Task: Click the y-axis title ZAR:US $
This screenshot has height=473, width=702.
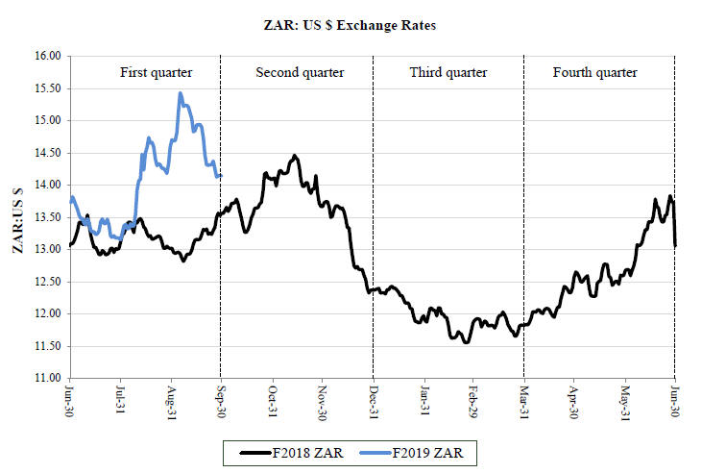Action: click(x=18, y=215)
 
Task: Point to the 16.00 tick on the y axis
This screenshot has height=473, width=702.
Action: click(x=46, y=56)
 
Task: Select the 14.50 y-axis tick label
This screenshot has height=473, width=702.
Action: click(x=46, y=153)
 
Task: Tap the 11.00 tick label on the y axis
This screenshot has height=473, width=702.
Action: click(x=46, y=378)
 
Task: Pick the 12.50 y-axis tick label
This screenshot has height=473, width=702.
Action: click(x=46, y=282)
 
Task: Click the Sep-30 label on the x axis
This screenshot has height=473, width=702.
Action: click(x=222, y=400)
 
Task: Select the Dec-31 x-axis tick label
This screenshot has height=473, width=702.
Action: click(x=374, y=400)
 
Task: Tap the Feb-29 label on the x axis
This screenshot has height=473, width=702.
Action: click(x=474, y=400)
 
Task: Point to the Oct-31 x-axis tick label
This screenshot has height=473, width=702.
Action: click(x=272, y=400)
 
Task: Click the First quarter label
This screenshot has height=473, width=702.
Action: click(x=156, y=73)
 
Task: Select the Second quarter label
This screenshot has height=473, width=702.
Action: click(x=299, y=73)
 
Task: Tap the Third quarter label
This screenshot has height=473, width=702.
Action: click(x=448, y=73)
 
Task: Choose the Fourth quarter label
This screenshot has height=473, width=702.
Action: click(x=594, y=73)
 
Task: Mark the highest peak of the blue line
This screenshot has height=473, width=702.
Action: click(x=181, y=93)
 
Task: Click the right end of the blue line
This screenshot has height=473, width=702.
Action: click(x=221, y=175)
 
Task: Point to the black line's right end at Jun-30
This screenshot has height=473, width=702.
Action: click(x=675, y=245)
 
